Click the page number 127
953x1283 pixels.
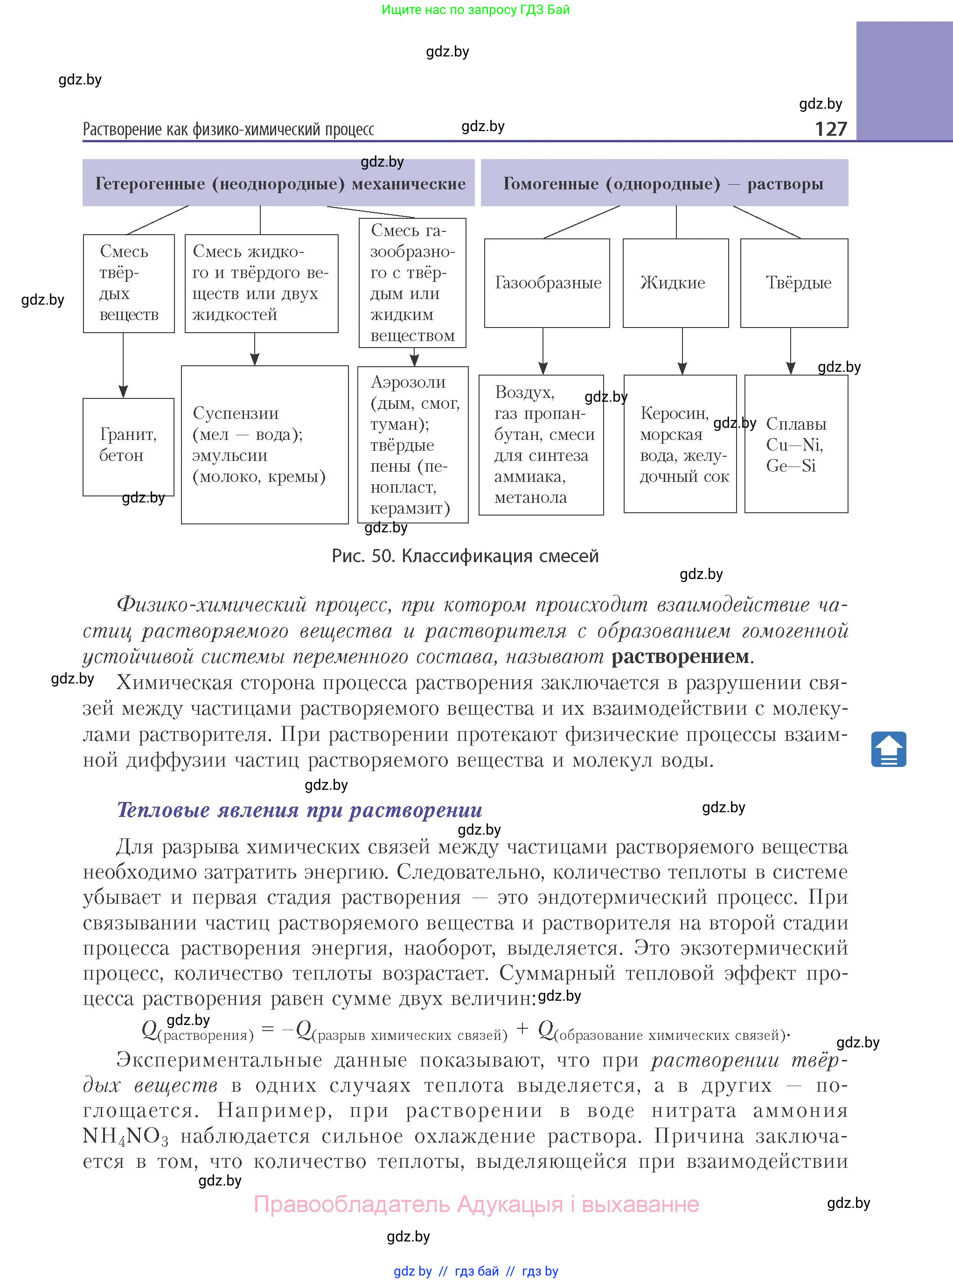click(830, 129)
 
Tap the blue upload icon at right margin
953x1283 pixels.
click(888, 749)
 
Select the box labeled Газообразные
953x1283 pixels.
click(547, 283)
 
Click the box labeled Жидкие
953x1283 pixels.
click(675, 283)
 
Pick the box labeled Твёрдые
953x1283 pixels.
click(794, 283)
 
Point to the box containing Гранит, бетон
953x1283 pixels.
click(128, 446)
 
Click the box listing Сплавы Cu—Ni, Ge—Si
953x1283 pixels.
click(796, 444)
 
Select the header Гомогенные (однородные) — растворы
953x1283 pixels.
click(664, 183)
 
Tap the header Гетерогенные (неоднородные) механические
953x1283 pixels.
click(279, 183)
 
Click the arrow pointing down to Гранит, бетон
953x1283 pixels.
click(123, 366)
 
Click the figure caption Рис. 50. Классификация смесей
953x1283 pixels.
click(465, 556)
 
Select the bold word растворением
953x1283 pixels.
click(680, 656)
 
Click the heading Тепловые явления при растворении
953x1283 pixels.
click(299, 810)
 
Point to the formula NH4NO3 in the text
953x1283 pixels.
click(125, 1136)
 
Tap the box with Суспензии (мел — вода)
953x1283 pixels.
click(265, 444)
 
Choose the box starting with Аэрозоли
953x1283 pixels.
click(413, 444)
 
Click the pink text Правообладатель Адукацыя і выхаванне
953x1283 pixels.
click(477, 1205)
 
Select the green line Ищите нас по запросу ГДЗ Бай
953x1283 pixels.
click(475, 10)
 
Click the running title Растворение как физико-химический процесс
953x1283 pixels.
click(229, 129)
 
